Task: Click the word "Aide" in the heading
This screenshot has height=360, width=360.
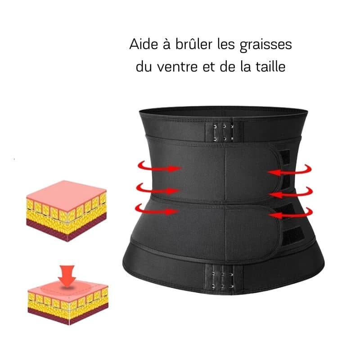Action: pyautogui.click(x=144, y=44)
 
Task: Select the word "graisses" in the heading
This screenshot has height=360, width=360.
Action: pyautogui.click(x=265, y=45)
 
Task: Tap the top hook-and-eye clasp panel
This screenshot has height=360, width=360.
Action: pyautogui.click(x=223, y=132)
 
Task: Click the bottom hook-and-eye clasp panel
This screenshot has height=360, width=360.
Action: pyautogui.click(x=223, y=279)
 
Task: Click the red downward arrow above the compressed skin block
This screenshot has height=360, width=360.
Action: pyautogui.click(x=67, y=276)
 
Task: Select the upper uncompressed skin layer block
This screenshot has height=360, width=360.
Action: pyautogui.click(x=67, y=211)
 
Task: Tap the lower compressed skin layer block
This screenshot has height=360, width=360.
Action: pyautogui.click(x=68, y=303)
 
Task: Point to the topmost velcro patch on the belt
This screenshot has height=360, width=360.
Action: pyautogui.click(x=286, y=157)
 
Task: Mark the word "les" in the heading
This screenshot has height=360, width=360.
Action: pyautogui.click(x=226, y=44)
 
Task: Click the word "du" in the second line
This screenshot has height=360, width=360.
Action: pyautogui.click(x=144, y=66)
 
